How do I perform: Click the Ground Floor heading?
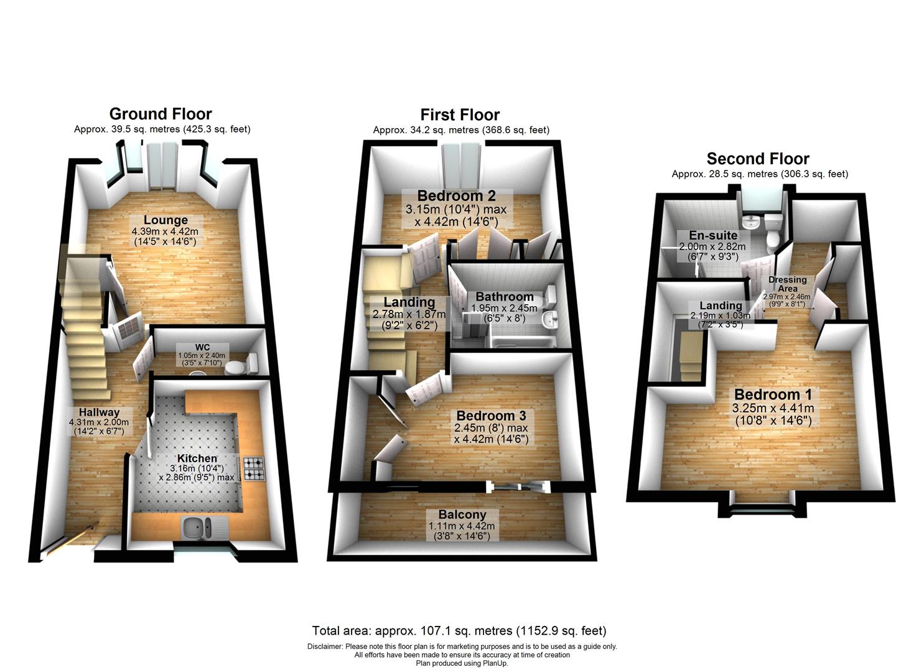click(x=161, y=114)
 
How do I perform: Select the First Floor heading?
click(x=460, y=114)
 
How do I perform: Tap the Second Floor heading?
click(x=758, y=159)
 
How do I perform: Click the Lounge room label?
click(x=166, y=220)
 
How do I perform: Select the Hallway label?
click(x=99, y=412)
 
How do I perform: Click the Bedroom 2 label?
click(x=457, y=196)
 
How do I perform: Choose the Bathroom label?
click(x=505, y=297)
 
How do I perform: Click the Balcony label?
click(x=462, y=515)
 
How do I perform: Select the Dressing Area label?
click(x=787, y=284)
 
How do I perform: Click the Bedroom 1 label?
click(x=773, y=394)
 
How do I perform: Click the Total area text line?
click(x=459, y=631)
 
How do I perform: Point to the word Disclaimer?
click(x=325, y=646)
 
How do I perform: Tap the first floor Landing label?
click(x=409, y=303)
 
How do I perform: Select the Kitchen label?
click(x=197, y=459)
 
